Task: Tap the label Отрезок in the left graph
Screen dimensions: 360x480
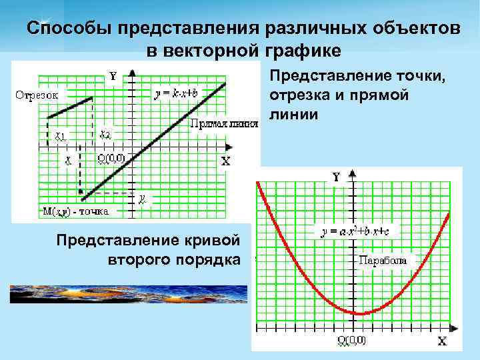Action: [x=37, y=95]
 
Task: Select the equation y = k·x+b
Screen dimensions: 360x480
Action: [x=177, y=93]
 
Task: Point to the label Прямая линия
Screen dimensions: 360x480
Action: [x=224, y=123]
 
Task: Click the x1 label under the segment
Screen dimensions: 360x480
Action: [x=61, y=135]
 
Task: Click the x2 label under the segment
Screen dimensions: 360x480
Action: [x=105, y=135]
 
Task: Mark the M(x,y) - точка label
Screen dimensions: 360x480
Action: [x=75, y=211]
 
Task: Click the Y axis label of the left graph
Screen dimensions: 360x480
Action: [x=113, y=76]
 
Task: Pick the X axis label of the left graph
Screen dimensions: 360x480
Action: [x=225, y=161]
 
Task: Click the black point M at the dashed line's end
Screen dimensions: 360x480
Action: [x=83, y=198]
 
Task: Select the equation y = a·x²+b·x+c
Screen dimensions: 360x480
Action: [x=359, y=231]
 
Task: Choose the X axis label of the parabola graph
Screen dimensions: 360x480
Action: [x=441, y=341]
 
